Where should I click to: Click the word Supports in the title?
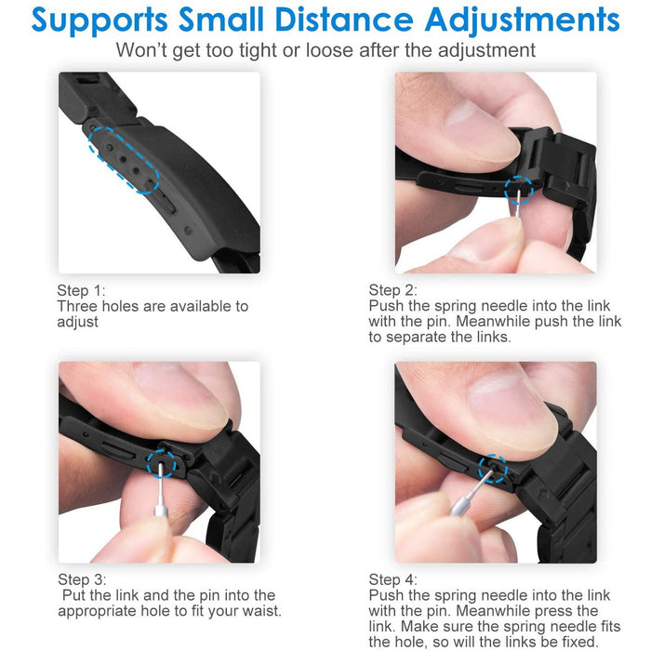point(100,20)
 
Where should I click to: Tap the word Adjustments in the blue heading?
point(523,20)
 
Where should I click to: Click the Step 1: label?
point(82,290)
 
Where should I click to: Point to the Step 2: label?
point(392,290)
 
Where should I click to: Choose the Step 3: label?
point(82,579)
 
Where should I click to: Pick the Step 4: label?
point(392,579)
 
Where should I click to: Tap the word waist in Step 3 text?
point(259,611)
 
